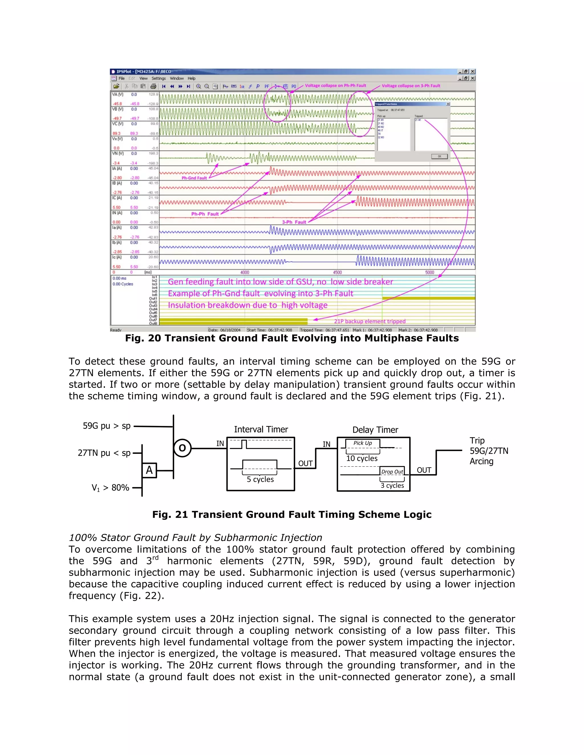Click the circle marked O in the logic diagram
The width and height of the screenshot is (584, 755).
(182, 448)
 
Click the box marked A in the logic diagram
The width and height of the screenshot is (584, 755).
(149, 470)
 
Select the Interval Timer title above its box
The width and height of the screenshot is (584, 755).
(261, 429)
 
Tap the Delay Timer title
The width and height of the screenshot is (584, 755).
(375, 430)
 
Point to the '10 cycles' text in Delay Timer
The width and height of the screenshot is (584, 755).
(362, 458)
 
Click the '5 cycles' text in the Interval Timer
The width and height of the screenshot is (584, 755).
(260, 479)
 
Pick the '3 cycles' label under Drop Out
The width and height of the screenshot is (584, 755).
(392, 485)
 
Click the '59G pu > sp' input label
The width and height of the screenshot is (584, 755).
(107, 426)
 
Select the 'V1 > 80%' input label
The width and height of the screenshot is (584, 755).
(110, 488)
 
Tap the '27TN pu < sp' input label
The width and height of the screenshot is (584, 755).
(104, 453)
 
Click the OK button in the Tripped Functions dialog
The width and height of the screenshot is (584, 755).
(439, 156)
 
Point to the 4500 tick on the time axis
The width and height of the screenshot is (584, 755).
(337, 272)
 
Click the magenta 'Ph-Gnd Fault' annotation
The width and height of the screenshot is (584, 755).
(194, 178)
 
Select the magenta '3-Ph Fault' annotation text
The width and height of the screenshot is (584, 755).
(294, 222)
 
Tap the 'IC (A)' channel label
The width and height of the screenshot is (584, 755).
(117, 198)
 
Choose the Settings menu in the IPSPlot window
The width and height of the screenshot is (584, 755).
(159, 78)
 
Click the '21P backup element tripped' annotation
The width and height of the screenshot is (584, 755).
(370, 321)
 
